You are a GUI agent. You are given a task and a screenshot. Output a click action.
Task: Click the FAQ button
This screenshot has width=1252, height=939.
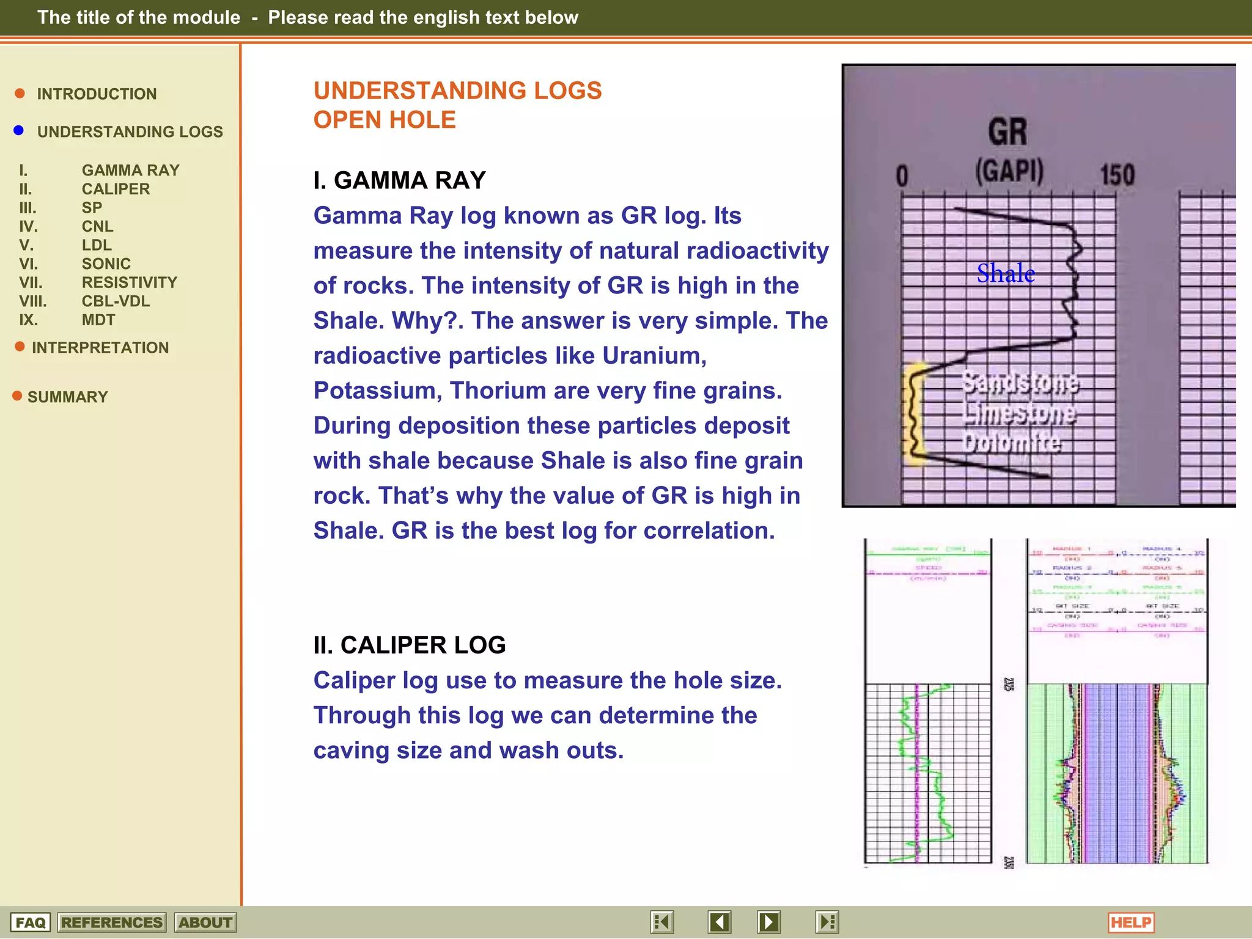(x=30, y=922)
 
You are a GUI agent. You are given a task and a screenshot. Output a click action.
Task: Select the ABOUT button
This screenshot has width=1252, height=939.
(x=205, y=922)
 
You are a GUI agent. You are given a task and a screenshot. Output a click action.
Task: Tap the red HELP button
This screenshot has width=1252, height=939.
(x=1130, y=922)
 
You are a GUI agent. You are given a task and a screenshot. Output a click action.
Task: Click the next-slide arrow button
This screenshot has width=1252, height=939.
(x=768, y=922)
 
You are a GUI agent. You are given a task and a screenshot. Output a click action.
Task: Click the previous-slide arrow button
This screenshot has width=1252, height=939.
(x=720, y=922)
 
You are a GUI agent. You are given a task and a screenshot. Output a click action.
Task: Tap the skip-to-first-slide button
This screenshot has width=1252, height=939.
(x=662, y=922)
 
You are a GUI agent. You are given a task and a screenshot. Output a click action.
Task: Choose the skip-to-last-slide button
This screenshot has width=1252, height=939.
(x=827, y=922)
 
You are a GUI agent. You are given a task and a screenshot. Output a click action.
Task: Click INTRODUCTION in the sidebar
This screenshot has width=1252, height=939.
(x=97, y=94)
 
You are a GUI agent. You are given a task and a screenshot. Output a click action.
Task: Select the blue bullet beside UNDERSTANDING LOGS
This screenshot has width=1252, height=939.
(x=19, y=131)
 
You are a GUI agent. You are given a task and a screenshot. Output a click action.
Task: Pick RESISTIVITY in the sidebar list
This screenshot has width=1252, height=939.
(x=130, y=282)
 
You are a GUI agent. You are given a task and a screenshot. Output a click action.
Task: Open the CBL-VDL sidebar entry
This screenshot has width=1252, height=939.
(x=116, y=301)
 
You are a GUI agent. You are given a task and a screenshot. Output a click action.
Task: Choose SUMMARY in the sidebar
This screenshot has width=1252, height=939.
(x=67, y=397)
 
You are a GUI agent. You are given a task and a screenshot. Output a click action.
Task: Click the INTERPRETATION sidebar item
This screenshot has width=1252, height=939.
(x=100, y=348)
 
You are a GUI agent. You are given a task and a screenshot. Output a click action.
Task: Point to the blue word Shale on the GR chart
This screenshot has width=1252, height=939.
(x=1006, y=273)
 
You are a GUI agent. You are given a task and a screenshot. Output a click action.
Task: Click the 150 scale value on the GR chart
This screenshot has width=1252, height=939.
(x=1117, y=175)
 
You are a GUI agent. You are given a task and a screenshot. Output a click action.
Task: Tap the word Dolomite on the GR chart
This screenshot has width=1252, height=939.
(x=1011, y=441)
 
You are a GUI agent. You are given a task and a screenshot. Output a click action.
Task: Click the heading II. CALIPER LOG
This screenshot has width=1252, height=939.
(x=410, y=645)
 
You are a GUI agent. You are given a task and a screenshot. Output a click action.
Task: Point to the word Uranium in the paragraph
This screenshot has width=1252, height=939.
(x=654, y=356)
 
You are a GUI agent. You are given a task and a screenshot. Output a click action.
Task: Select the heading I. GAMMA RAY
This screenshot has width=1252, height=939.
(x=399, y=180)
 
